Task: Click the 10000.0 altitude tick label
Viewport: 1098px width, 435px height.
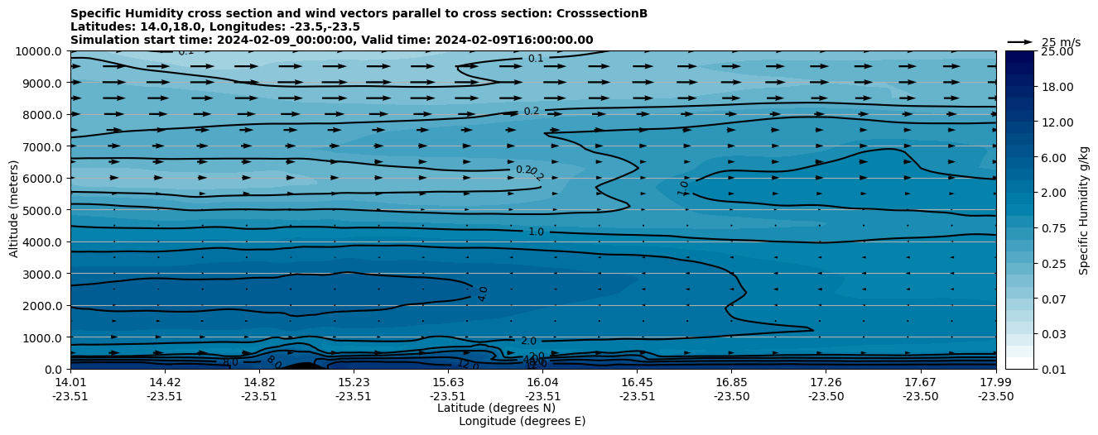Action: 41,51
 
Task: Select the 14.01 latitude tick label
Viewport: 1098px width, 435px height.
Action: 70,382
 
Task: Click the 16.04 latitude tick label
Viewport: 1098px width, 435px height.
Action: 543,382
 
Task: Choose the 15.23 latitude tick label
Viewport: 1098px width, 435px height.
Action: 354,382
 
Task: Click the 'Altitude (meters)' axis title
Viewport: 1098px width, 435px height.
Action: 14,210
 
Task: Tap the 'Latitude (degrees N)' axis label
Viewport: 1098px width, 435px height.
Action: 496,408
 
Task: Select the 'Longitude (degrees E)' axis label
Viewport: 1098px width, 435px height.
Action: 522,421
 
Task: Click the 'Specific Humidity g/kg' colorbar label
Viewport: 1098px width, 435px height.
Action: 1084,210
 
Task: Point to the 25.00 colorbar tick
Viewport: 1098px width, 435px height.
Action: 1032,51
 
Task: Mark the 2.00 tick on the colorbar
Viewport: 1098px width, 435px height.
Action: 1032,193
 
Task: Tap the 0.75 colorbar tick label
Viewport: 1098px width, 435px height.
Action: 1032,228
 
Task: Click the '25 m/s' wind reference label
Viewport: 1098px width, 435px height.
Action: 1061,42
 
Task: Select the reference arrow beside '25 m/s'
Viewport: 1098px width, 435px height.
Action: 1020,41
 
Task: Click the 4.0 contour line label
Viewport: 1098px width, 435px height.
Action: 483,294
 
